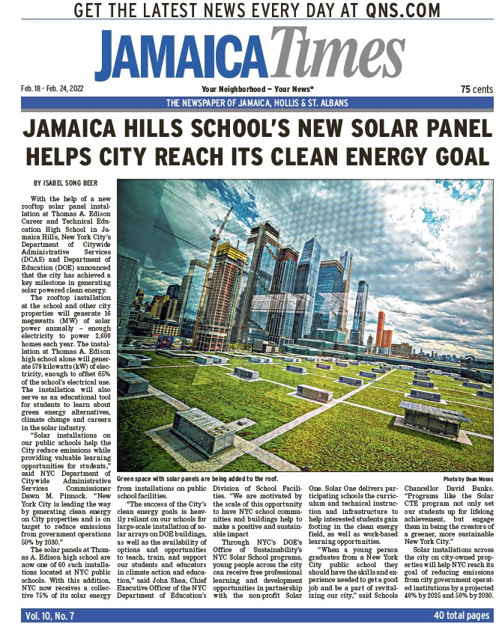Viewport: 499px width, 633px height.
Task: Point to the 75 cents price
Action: pos(477,89)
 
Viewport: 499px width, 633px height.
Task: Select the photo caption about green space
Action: pos(197,478)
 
